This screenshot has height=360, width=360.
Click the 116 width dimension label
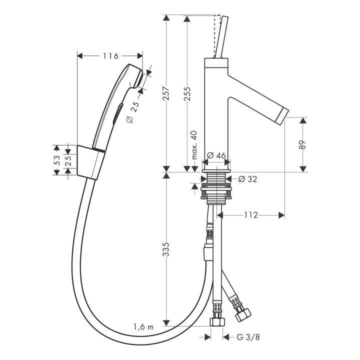click(110, 56)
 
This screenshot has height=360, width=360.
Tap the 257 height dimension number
click(166, 93)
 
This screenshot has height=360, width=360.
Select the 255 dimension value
click(187, 93)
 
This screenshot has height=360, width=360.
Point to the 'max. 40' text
click(194, 145)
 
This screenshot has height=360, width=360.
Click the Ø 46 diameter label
click(216, 155)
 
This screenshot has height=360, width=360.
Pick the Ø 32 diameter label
click(247, 179)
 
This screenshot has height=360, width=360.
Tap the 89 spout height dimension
click(303, 144)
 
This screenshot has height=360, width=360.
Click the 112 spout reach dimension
click(251, 215)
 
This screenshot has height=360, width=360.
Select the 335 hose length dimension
click(166, 249)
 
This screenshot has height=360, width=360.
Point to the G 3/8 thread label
click(248, 337)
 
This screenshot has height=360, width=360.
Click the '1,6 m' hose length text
click(143, 326)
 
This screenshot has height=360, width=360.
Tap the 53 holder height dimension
click(56, 160)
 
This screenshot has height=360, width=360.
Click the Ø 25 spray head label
click(133, 112)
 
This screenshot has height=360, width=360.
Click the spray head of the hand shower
click(134, 76)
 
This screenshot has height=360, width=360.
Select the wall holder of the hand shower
click(90, 162)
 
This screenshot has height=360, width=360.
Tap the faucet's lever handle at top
click(221, 36)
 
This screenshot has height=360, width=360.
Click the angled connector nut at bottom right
click(243, 314)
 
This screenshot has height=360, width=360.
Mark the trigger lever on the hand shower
click(117, 114)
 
